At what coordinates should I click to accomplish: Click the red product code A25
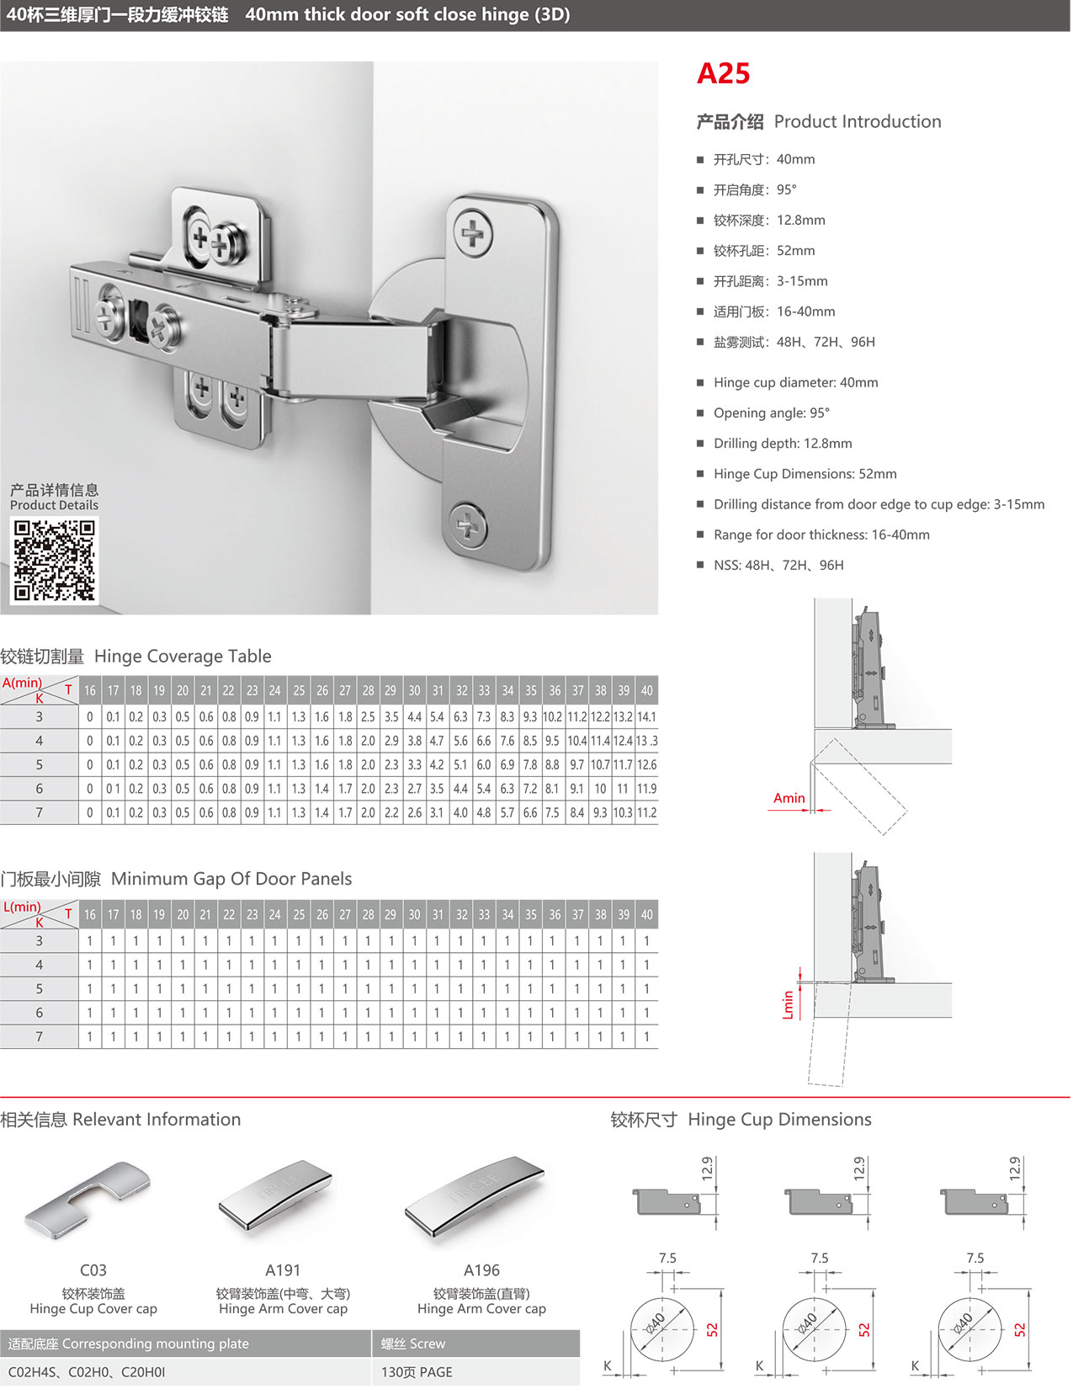pyautogui.click(x=723, y=74)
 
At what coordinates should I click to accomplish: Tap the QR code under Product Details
pyautogui.click(x=54, y=560)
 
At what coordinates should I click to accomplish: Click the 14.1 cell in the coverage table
pyautogui.click(x=646, y=717)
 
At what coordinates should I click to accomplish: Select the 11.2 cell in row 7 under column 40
pyautogui.click(x=646, y=813)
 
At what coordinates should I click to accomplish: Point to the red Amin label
pyautogui.click(x=789, y=798)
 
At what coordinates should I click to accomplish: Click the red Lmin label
pyautogui.click(x=789, y=1004)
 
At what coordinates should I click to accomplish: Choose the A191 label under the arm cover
pyautogui.click(x=283, y=1270)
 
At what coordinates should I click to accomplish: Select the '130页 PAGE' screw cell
pyautogui.click(x=417, y=1372)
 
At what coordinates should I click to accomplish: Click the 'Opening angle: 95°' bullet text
pyautogui.click(x=771, y=413)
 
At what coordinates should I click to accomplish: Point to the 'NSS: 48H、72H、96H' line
pyautogui.click(x=778, y=566)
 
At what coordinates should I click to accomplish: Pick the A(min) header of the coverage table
pyautogui.click(x=23, y=683)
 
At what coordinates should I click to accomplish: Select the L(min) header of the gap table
pyautogui.click(x=23, y=907)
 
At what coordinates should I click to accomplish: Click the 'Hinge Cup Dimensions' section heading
pyautogui.click(x=779, y=1120)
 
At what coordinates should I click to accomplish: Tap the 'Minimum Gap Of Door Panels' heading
pyautogui.click(x=231, y=879)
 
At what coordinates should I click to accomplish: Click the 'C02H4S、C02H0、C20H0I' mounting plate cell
pyautogui.click(x=87, y=1372)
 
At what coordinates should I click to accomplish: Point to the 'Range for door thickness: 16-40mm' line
pyautogui.click(x=821, y=535)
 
